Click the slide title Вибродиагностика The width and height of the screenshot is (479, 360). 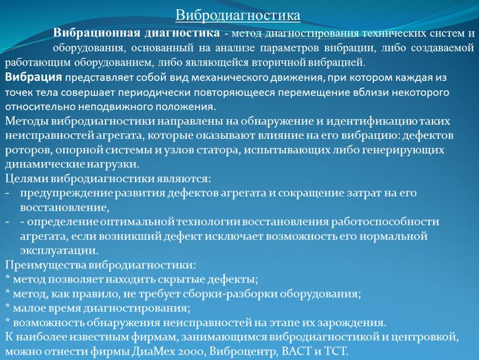point(238,14)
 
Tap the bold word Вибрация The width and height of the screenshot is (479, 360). point(33,77)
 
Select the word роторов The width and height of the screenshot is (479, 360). point(23,150)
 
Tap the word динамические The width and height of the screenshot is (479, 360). point(42,164)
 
